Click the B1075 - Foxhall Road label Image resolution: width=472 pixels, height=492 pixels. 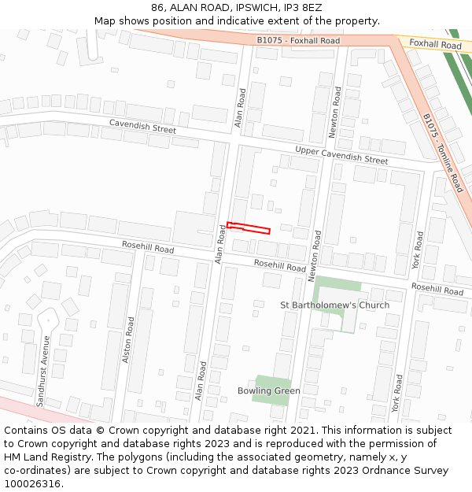click(x=298, y=41)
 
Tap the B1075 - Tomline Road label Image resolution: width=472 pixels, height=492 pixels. click(x=443, y=153)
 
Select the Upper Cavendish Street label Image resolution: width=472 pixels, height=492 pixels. click(x=341, y=154)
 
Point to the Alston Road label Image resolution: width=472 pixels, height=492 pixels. click(x=129, y=339)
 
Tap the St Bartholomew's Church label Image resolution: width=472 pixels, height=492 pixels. click(x=335, y=305)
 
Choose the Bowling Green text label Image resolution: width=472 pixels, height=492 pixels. click(x=269, y=391)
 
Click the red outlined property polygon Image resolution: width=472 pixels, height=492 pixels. click(x=249, y=228)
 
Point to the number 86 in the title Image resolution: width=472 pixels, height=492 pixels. click(x=158, y=7)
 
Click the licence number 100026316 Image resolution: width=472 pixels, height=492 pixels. click(x=34, y=484)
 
